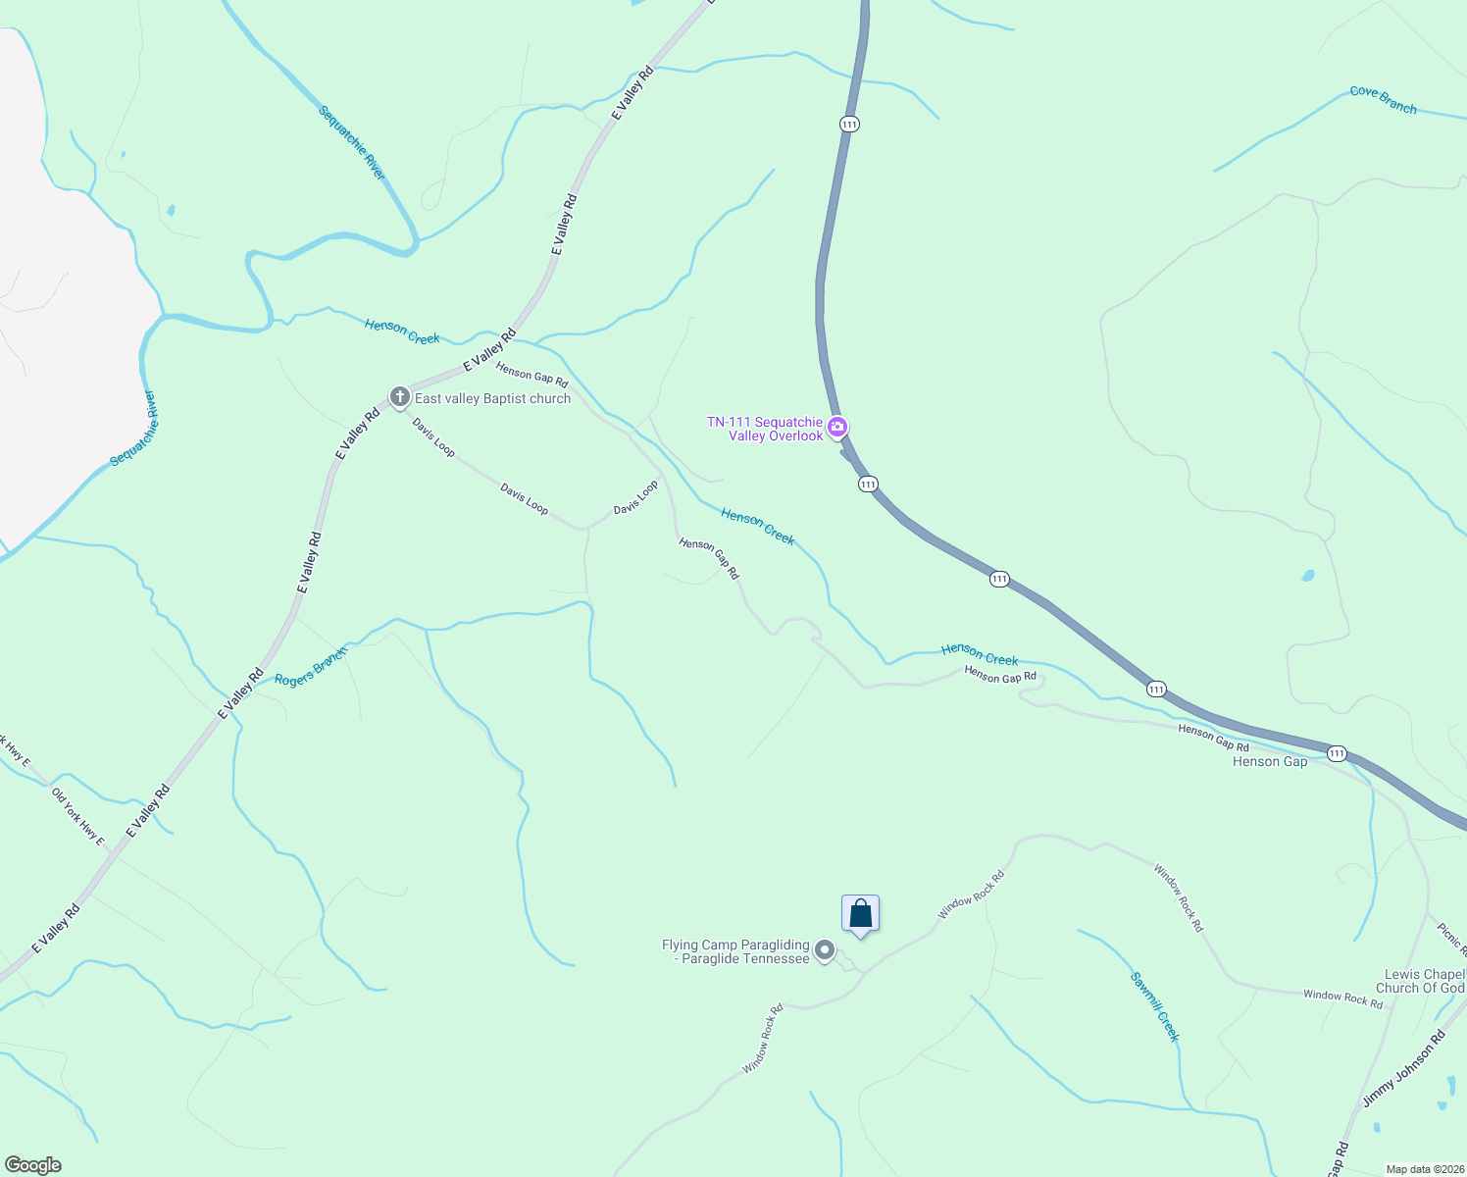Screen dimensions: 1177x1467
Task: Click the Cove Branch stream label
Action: point(1383,99)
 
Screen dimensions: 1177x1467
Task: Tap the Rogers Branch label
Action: point(311,667)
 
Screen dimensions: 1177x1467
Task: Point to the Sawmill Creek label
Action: point(1154,1006)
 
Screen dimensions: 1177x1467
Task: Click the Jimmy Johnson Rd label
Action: point(1403,1070)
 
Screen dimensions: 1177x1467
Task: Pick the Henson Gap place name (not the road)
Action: point(1269,762)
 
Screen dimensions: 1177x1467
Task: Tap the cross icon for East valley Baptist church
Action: point(399,397)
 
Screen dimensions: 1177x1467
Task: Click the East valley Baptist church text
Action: point(492,399)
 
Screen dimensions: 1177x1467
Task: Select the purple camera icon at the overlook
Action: point(837,427)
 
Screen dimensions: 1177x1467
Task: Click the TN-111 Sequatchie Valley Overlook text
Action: point(766,429)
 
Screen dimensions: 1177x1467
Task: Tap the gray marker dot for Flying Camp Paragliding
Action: point(825,949)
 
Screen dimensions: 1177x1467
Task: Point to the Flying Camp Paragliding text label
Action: point(736,951)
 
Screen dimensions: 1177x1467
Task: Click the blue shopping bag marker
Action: point(860,914)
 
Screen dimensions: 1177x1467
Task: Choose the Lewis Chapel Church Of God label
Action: point(1424,981)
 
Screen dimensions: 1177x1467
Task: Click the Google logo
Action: point(32,1165)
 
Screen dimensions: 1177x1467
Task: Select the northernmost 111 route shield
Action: point(849,124)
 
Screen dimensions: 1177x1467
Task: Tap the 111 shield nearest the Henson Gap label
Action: point(1337,753)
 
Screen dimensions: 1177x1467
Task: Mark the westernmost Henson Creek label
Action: point(402,332)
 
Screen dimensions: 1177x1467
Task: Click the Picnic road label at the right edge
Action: point(1451,939)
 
